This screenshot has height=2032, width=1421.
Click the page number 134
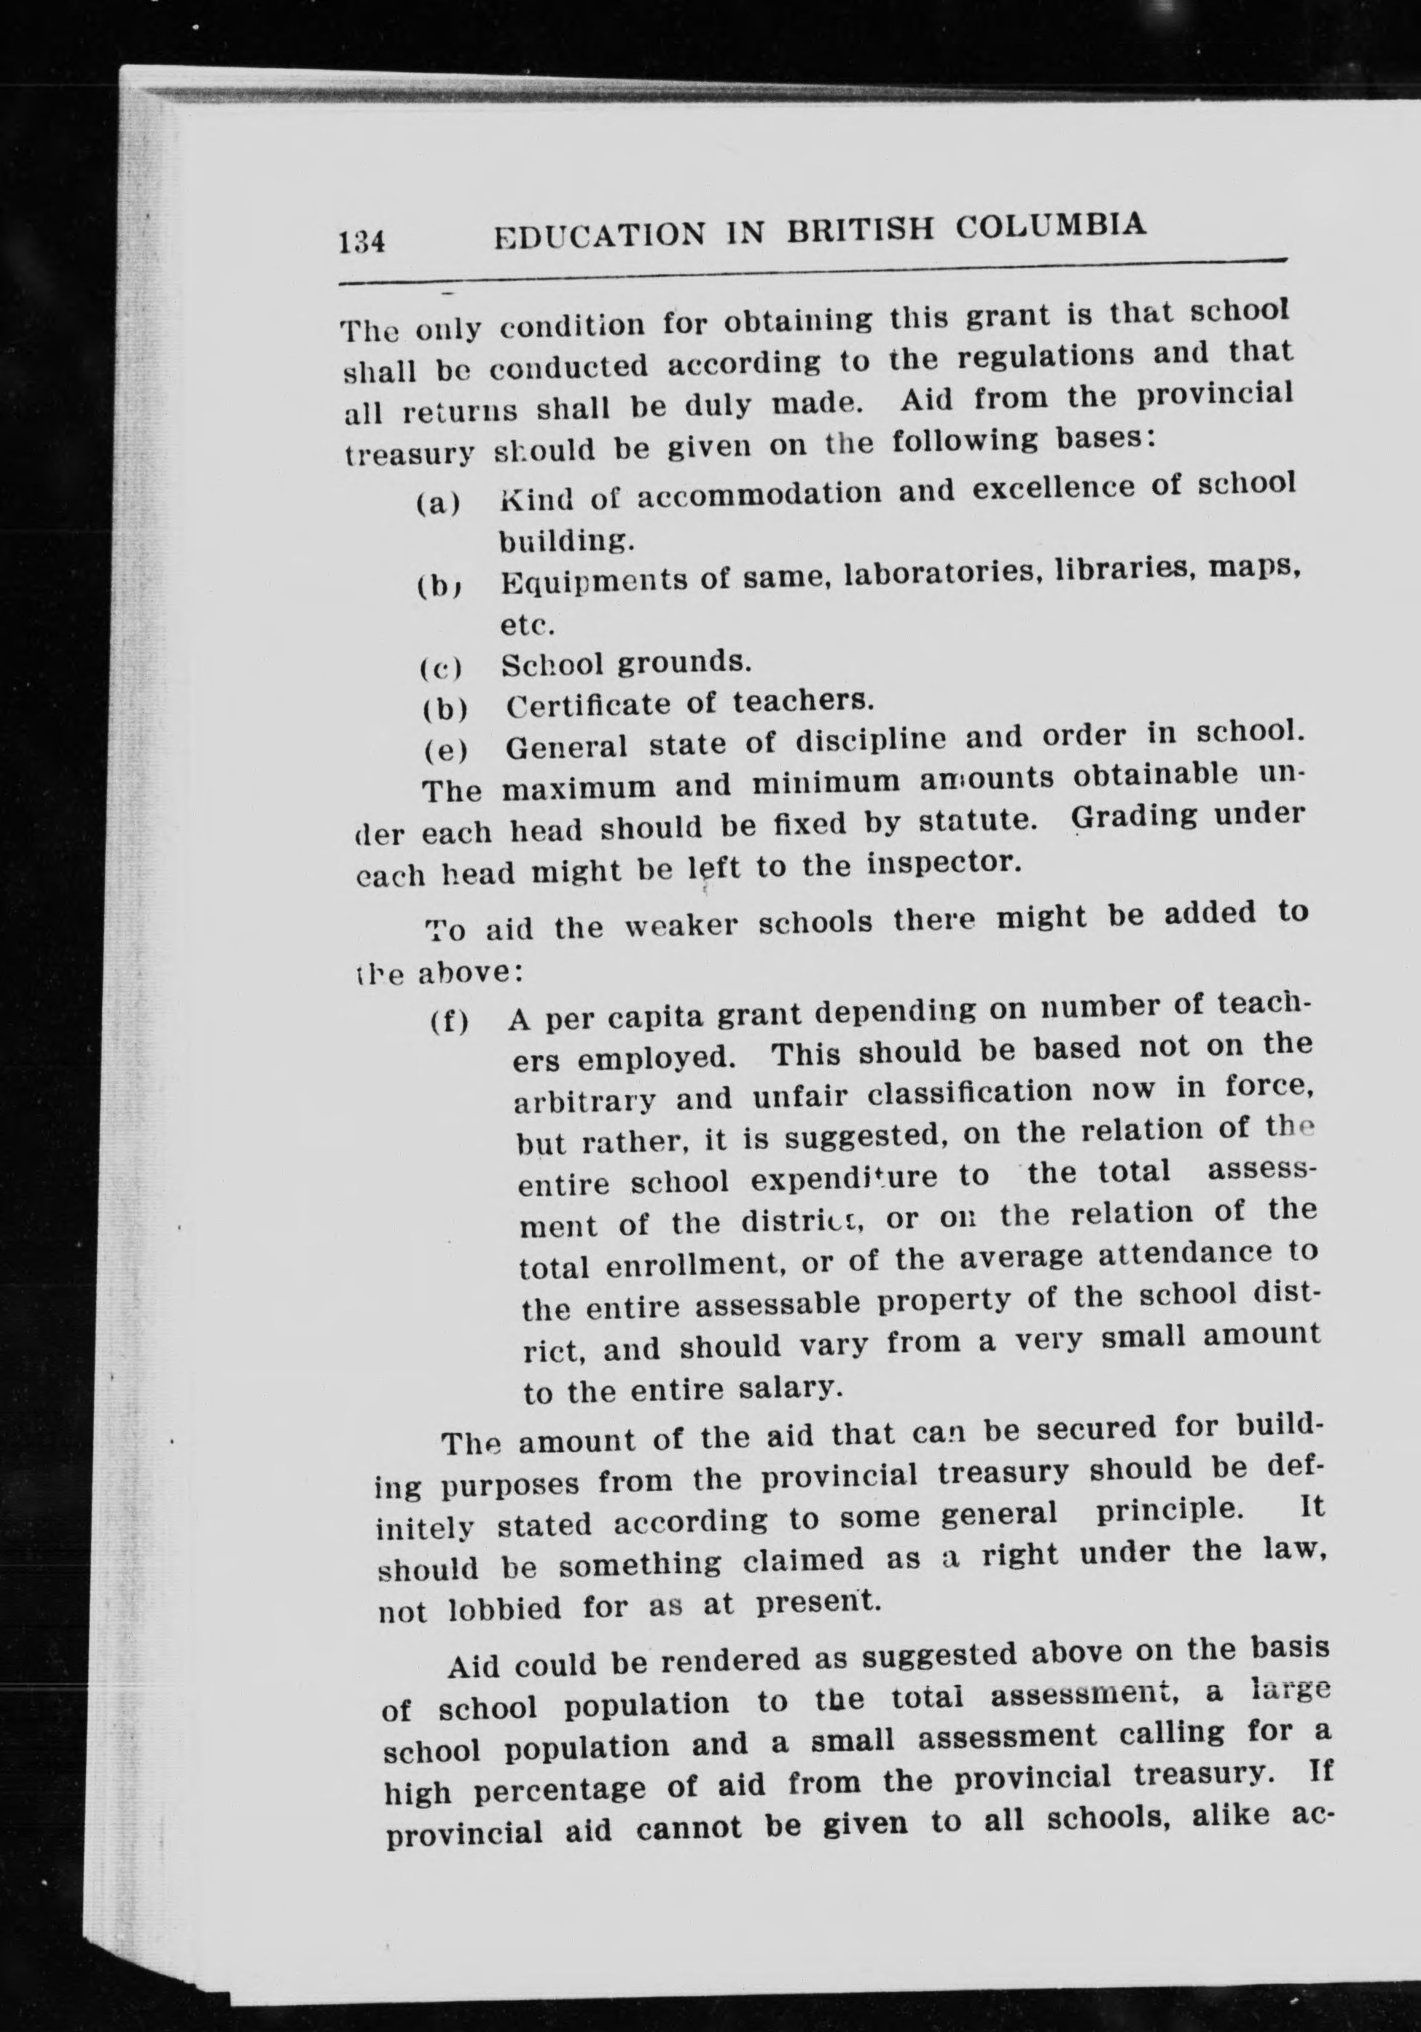361,240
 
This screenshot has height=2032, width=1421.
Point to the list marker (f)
450,1023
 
